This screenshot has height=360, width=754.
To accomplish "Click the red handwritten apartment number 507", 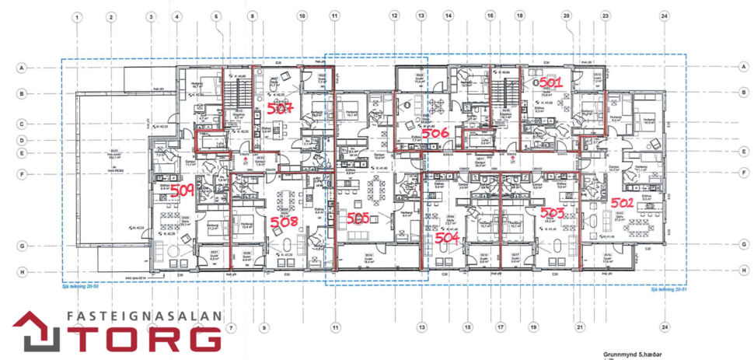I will coord(279,109).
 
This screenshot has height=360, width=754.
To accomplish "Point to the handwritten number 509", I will coord(182,190).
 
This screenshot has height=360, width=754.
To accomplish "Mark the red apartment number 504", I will coord(448,238).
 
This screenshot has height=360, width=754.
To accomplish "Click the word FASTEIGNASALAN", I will coord(144,316).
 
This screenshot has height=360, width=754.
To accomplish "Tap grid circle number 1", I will coord(78,16).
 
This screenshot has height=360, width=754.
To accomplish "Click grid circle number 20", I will coord(567,16).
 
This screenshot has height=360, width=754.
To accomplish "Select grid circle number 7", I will coord(231,328).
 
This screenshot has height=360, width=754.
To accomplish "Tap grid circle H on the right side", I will coord(745,271).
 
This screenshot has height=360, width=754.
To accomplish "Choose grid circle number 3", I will coord(151,16).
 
